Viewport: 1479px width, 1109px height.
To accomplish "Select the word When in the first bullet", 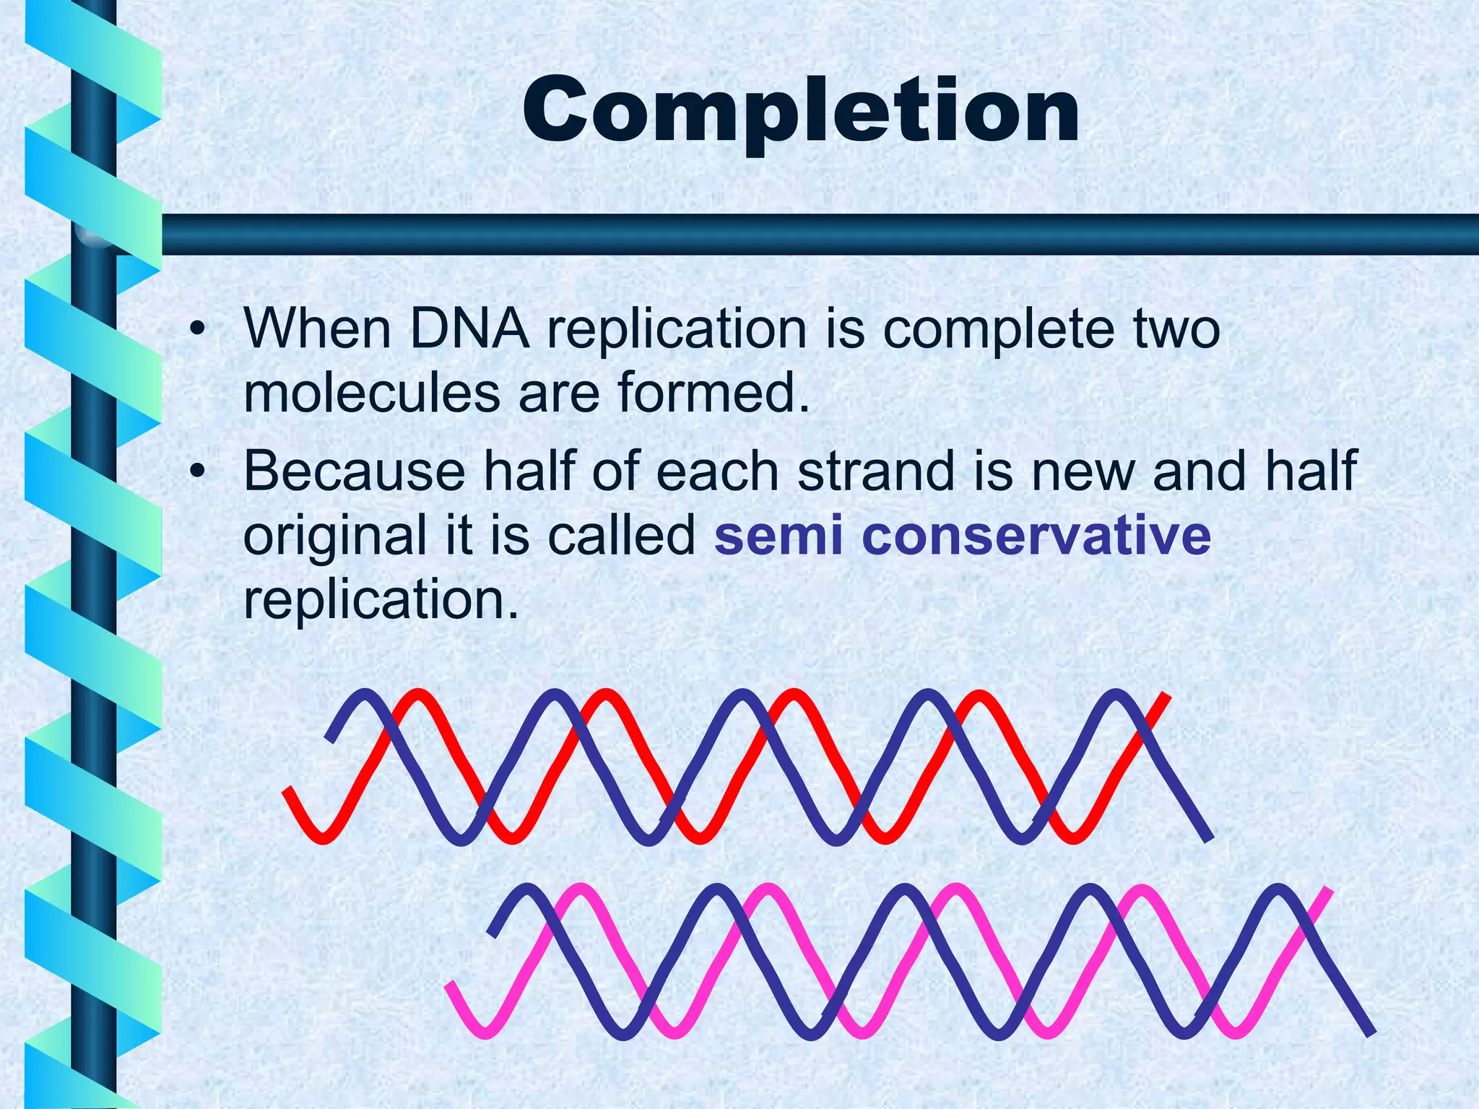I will point(317,329).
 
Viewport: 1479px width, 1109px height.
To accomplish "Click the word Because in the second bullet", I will point(355,471).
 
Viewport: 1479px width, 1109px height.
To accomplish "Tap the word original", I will point(335,536).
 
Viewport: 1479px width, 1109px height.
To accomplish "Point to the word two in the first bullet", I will point(1175,329).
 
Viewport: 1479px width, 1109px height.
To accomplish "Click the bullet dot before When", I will point(196,331).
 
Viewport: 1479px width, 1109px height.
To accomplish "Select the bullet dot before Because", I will point(196,473).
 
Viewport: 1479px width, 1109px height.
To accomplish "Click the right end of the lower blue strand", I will point(1370,1033).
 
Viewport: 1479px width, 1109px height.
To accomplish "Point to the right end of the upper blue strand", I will point(1210,838).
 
